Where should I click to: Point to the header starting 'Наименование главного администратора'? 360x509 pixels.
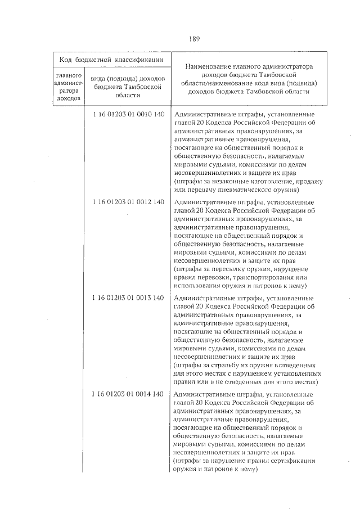pyautogui.click(x=250, y=80)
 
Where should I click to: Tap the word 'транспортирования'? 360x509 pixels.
pyautogui.click(x=263, y=278)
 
